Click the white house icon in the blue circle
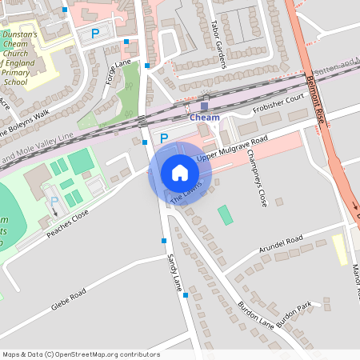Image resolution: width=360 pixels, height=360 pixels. [180, 173]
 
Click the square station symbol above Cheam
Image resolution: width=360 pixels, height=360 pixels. [204, 106]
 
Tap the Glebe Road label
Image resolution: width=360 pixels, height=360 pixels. [68, 301]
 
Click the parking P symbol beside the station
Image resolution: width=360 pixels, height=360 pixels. [164, 138]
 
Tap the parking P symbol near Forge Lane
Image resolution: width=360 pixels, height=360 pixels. [95, 34]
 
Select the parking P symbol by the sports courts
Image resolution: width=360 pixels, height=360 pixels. [54, 202]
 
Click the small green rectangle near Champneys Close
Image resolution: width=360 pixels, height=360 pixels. [226, 214]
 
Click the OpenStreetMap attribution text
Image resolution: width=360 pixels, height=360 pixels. [81, 354]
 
